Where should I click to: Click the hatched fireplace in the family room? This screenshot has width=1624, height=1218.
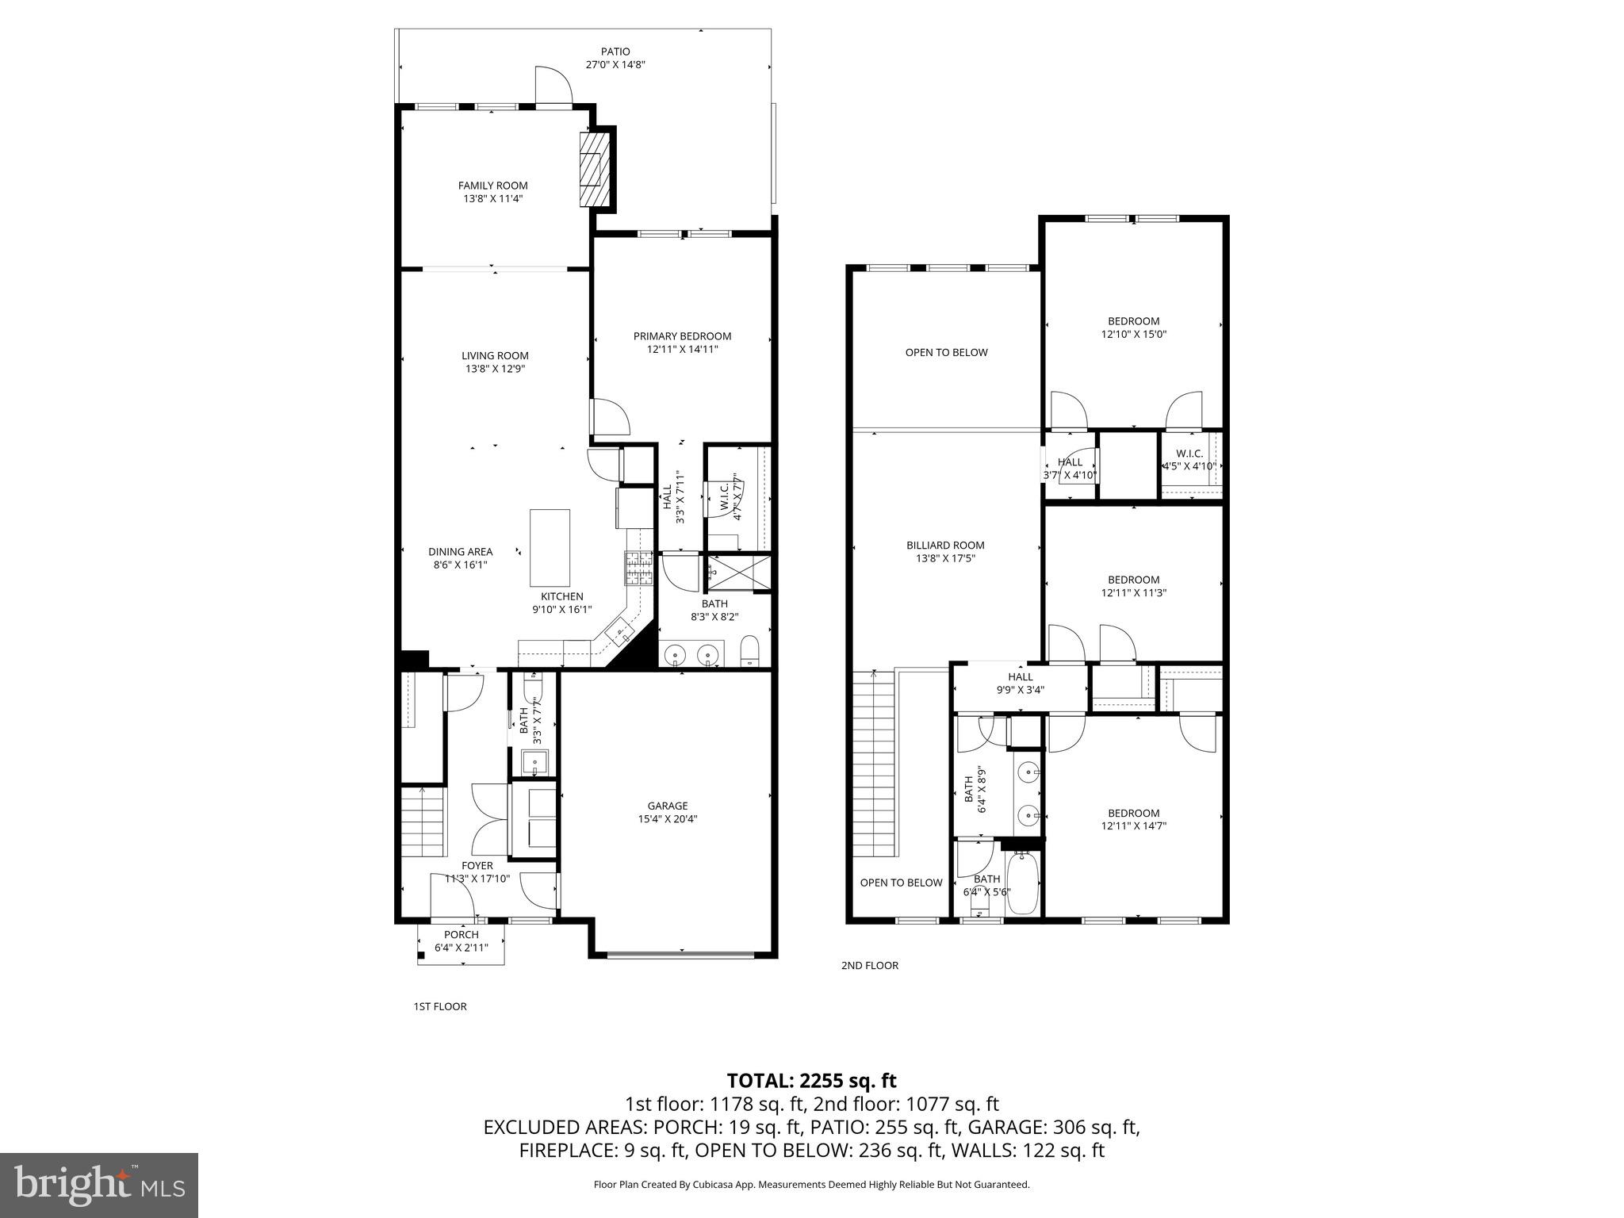595,170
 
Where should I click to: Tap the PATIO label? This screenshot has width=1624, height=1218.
615,52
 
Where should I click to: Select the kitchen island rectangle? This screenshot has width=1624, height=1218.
550,548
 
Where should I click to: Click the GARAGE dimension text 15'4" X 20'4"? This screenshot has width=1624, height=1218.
667,819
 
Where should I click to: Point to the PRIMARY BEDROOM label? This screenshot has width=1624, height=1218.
682,336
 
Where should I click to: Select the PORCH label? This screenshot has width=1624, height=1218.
461,935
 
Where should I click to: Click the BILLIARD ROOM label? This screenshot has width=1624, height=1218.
945,546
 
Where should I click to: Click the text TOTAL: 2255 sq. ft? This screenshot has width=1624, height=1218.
811,1081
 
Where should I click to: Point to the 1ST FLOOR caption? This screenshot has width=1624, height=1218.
440,1006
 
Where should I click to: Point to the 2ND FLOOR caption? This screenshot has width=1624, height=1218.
869,965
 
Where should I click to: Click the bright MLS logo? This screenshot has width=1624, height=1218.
99,1185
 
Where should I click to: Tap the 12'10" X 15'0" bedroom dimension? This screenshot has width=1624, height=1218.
1133,335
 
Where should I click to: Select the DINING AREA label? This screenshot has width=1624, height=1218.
460,552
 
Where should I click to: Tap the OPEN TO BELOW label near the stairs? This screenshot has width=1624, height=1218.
901,883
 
